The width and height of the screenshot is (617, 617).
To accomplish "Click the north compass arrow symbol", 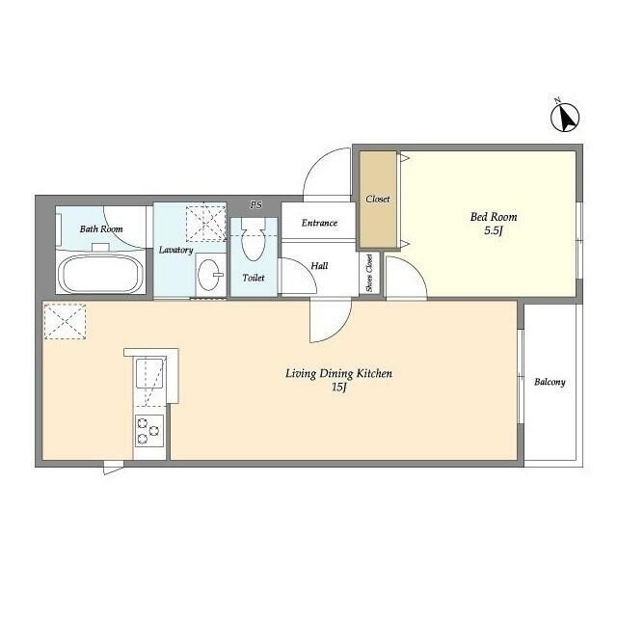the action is tap(565, 117).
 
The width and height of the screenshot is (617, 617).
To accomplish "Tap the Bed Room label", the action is tap(494, 217).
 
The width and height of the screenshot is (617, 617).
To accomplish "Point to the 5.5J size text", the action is tap(494, 230).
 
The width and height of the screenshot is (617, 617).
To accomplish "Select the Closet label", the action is tap(378, 200).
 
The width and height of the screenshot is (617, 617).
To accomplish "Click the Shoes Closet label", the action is tap(369, 273).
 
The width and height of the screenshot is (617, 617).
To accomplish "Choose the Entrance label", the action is tap(319, 223).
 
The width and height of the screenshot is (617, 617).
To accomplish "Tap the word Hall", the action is tap(319, 266).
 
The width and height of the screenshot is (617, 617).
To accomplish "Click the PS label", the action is tap(255, 204).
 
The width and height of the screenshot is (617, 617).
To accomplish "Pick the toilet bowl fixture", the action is tap(253, 239).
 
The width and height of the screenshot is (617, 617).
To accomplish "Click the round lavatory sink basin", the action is tap(210, 274).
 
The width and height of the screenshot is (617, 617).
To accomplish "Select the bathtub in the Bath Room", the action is tap(100, 274).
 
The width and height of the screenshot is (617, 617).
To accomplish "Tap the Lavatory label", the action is tap(175, 250).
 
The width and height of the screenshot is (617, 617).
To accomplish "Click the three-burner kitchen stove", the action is tap(149, 431).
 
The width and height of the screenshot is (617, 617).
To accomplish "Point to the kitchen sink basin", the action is tap(149, 373).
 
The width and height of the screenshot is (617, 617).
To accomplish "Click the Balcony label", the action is tap(550, 382).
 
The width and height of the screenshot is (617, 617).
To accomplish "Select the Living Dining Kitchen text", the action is tap(338, 373).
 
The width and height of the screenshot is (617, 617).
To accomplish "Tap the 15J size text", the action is tap(338, 388).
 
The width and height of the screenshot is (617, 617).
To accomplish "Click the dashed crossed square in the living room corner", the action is tap(65, 321).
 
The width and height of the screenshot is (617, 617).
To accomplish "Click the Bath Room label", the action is tap(101, 228).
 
